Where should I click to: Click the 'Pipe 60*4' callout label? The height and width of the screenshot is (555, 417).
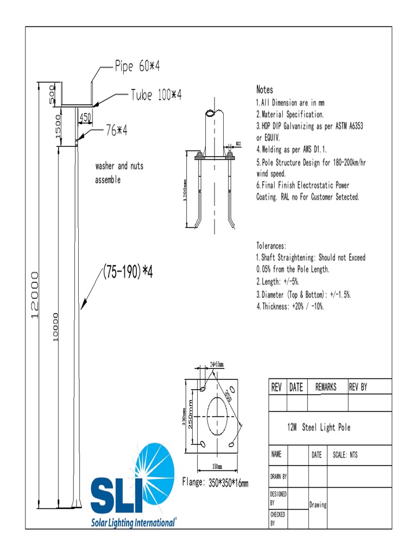[137, 67]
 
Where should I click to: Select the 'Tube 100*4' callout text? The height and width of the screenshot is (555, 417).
[156, 95]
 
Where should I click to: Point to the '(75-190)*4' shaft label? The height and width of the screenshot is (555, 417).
[128, 273]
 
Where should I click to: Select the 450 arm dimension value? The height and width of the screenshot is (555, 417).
[85, 117]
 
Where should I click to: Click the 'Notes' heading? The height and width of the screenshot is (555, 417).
[264, 90]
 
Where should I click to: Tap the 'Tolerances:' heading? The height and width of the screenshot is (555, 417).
[271, 246]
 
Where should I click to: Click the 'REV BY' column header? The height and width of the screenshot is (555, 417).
[358, 387]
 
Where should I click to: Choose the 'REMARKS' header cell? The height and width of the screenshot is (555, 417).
[326, 387]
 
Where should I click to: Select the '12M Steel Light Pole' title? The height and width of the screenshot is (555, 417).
[319, 428]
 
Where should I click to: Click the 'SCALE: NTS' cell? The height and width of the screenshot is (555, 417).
[345, 455]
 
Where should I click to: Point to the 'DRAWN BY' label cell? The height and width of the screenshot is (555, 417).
[279, 477]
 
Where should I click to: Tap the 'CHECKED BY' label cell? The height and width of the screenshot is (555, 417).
[277, 518]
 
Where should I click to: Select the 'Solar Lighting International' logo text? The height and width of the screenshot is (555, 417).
[133, 522]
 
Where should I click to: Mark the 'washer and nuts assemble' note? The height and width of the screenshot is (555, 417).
[119, 173]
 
